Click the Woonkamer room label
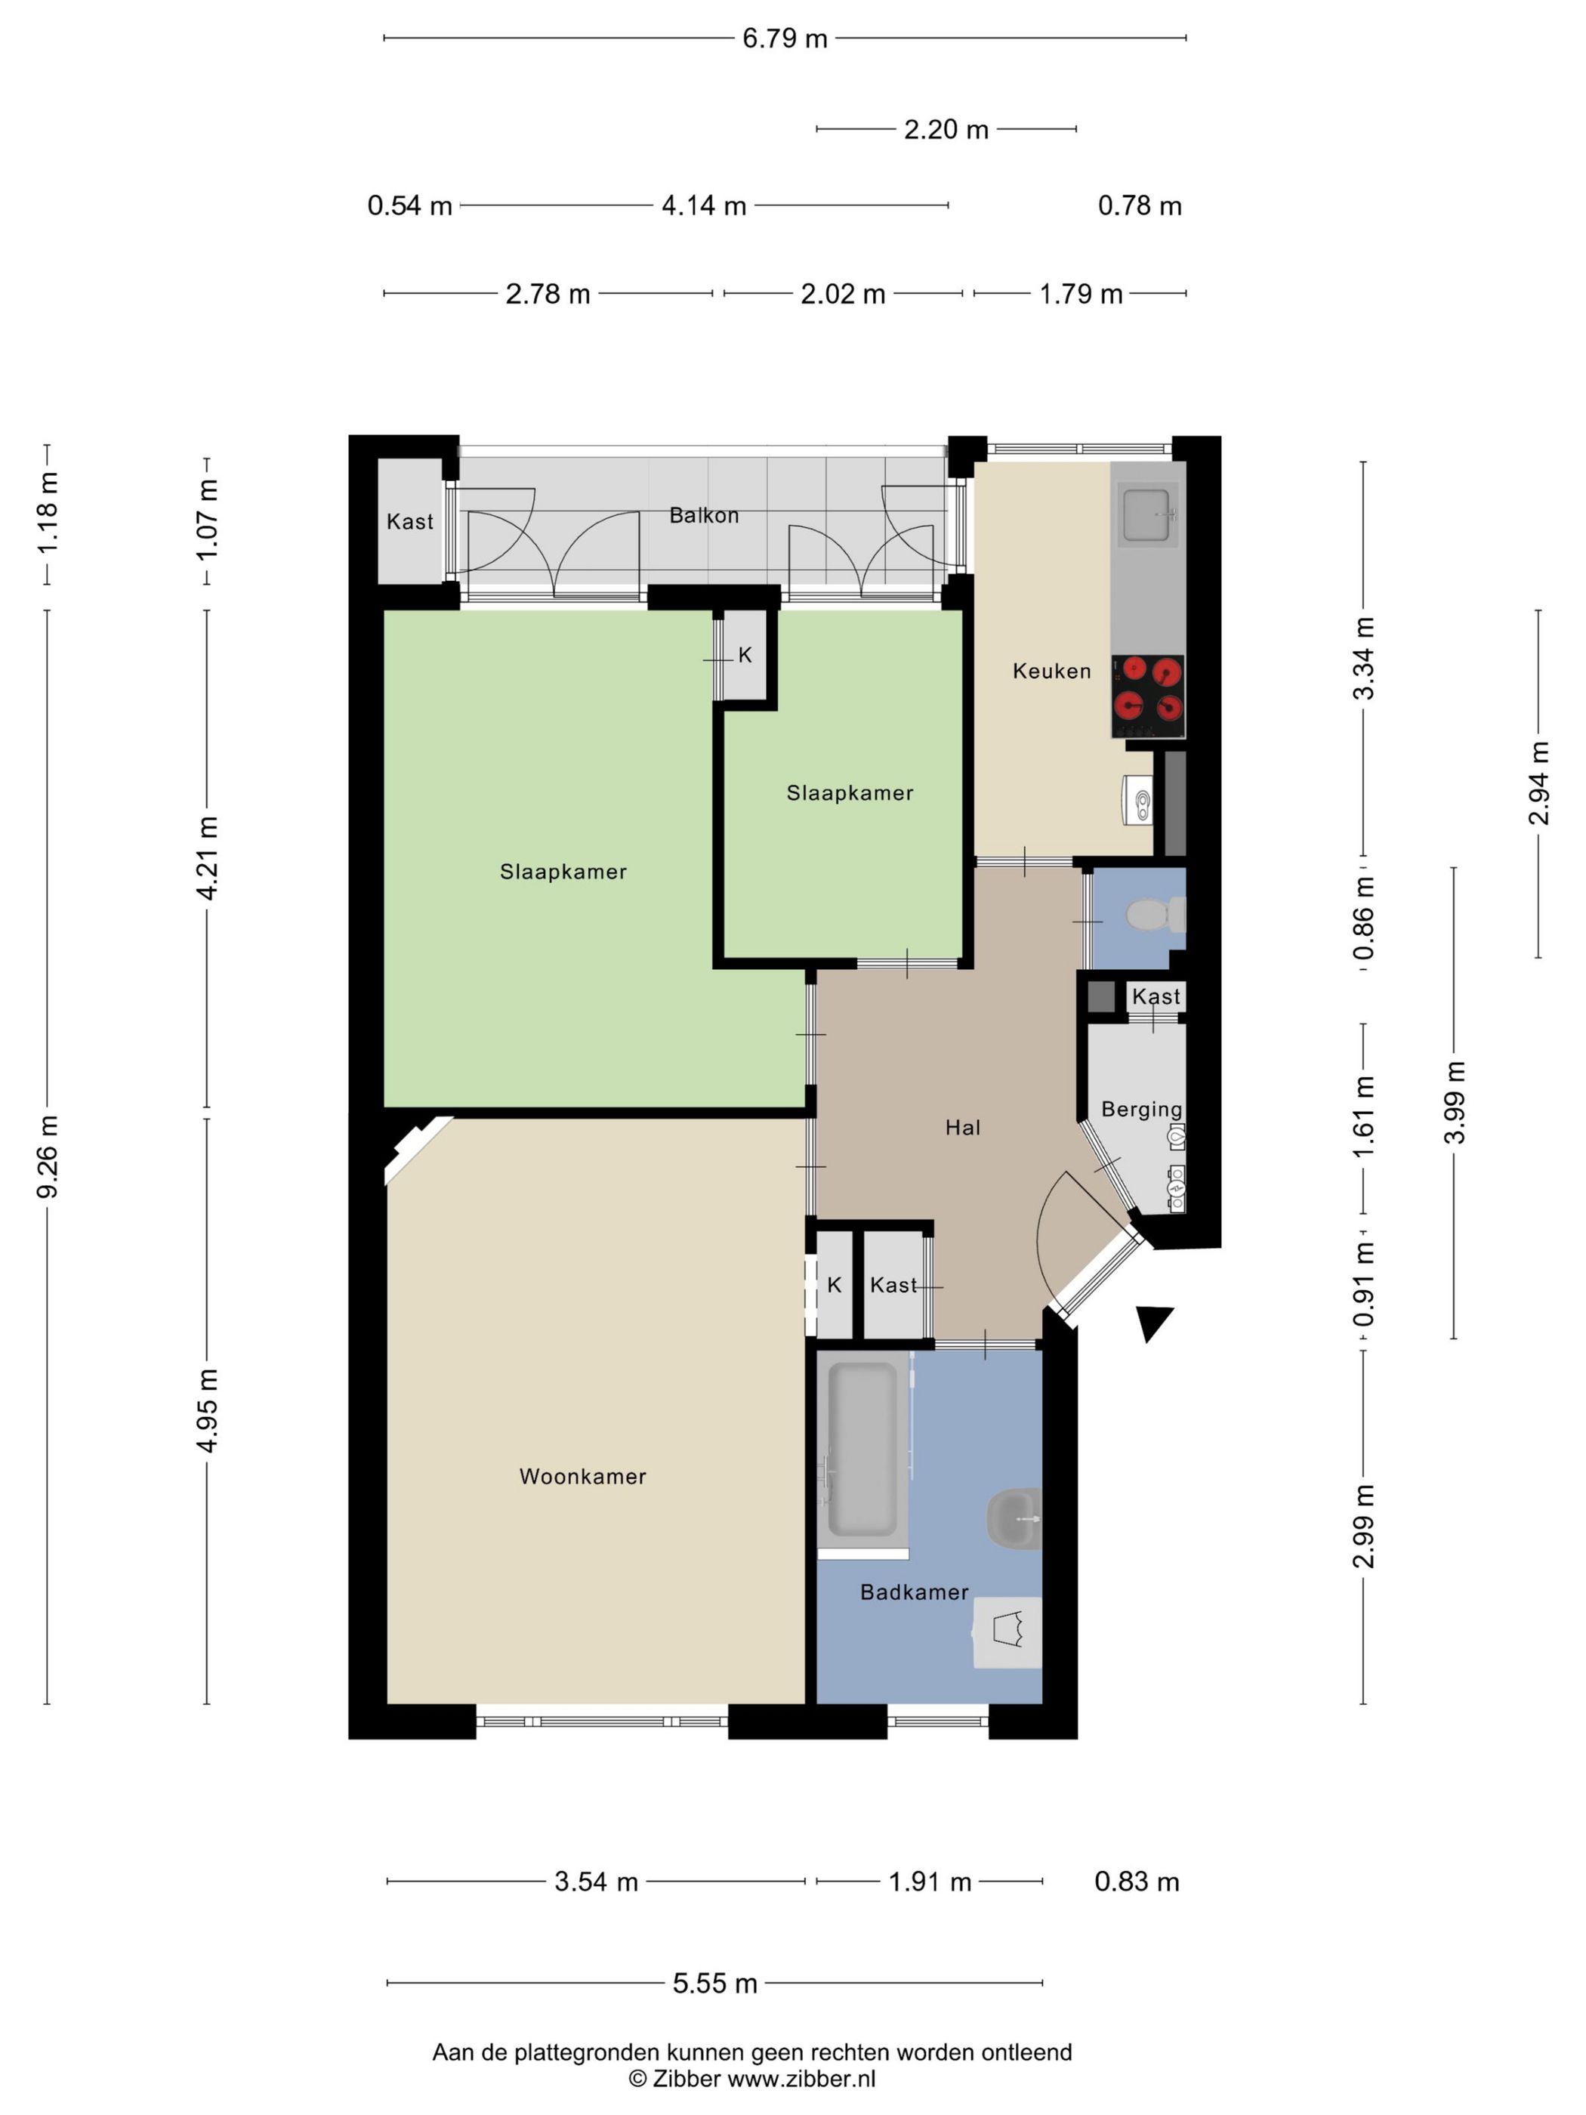click(582, 1476)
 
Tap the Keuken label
click(1051, 672)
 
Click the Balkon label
click(704, 515)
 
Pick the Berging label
click(1141, 1109)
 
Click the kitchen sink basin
click(1147, 514)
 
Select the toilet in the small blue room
click(1154, 914)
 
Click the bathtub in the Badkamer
click(862, 1450)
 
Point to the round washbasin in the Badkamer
click(1014, 1518)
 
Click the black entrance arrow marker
click(1154, 1323)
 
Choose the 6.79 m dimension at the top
click(785, 39)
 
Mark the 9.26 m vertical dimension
click(47, 1155)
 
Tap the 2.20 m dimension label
click(946, 129)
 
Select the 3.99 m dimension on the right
click(1454, 1102)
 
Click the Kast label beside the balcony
click(409, 522)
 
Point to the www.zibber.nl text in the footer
click(801, 2079)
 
